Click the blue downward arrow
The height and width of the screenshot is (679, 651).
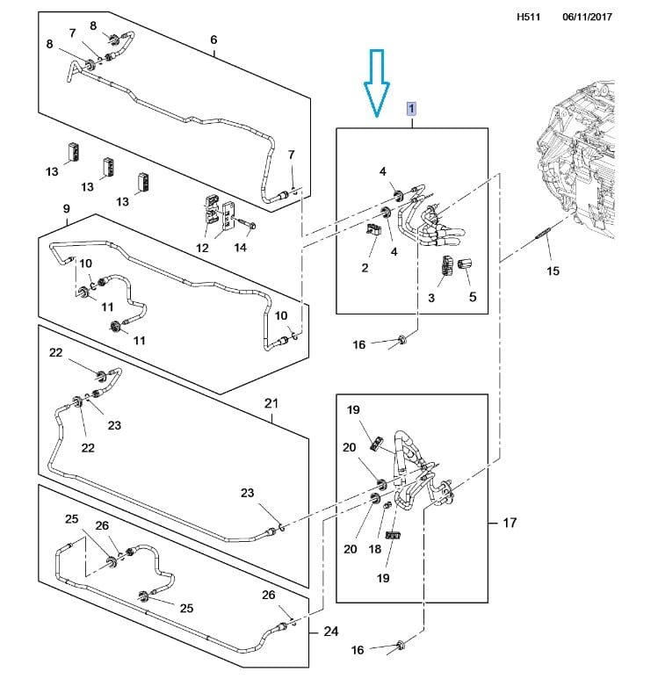[x=376, y=83]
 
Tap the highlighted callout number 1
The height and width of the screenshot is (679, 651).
[x=411, y=108]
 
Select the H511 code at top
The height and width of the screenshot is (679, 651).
[x=528, y=17]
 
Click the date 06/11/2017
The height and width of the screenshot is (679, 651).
[x=588, y=17]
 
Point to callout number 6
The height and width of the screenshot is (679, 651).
[x=213, y=40]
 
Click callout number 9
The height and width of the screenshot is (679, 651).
[x=66, y=209]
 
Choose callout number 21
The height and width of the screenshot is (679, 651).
[x=271, y=403]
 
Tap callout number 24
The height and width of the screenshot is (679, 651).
[x=331, y=632]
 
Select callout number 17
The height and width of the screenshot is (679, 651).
[x=510, y=523]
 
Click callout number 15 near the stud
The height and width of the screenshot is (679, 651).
[x=553, y=271]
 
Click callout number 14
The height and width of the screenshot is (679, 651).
[x=241, y=247]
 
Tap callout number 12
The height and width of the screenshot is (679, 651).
[x=202, y=248]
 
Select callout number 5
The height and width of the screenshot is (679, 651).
[x=473, y=297]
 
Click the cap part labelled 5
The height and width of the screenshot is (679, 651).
[x=465, y=263]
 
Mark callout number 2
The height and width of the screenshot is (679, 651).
[x=365, y=268]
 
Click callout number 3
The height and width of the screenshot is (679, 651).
[x=431, y=298]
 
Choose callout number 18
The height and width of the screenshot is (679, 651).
[x=374, y=549]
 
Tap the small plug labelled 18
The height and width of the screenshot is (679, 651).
[x=387, y=505]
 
